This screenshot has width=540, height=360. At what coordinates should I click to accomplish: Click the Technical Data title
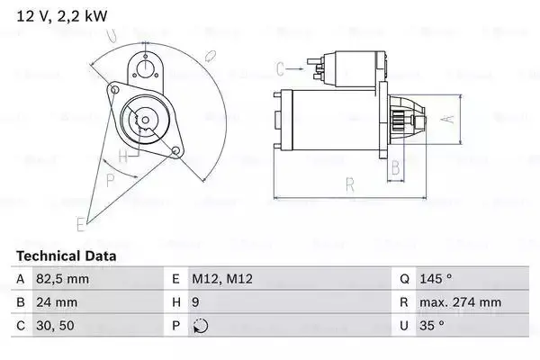pyautogui.click(x=66, y=256)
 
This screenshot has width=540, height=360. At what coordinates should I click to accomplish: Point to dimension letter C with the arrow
pyautogui.click(x=279, y=67)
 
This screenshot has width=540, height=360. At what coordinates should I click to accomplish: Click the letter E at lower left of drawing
pyautogui.click(x=80, y=222)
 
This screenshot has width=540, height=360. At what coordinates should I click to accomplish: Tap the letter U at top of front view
pyautogui.click(x=110, y=36)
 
